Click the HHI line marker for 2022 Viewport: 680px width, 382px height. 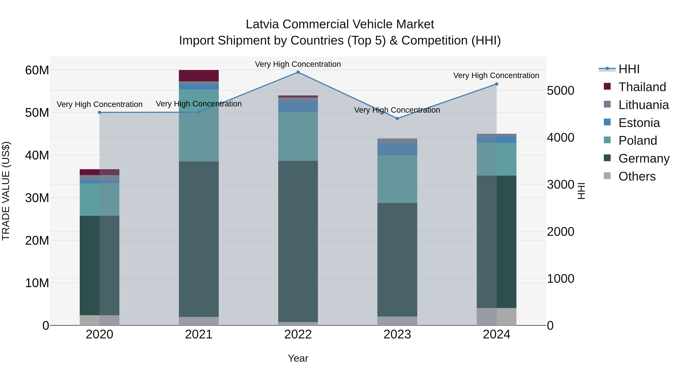coord(298,72)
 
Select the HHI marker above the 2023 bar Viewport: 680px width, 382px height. coord(397,119)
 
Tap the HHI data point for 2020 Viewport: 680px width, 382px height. coord(100,113)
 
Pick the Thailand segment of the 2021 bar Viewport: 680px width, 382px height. coord(199,76)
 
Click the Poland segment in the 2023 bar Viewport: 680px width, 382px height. coord(397,179)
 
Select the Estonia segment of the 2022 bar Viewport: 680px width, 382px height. coord(298,107)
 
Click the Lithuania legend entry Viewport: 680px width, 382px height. coord(643,105)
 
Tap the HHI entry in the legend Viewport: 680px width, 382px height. coord(629,69)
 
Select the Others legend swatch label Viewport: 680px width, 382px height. coord(637,176)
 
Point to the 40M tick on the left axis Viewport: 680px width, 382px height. coord(37,155)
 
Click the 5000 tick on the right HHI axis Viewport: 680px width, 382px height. coord(560,91)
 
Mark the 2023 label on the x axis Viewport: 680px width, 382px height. coord(397,334)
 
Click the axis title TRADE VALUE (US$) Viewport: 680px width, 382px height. coord(6,191)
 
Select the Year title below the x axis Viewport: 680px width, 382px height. coord(298,358)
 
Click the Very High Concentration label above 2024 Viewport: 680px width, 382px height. coord(496,76)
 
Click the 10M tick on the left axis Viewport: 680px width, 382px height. coord(37,283)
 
